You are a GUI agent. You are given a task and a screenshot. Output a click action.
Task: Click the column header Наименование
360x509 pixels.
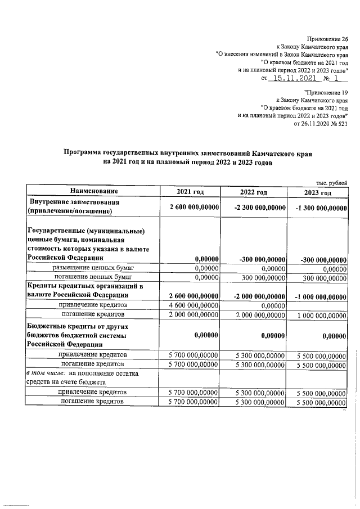pos(93,192)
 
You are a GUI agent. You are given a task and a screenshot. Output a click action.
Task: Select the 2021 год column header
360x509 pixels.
pos(190,192)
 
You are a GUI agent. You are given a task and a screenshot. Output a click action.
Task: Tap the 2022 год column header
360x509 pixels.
pos(254,192)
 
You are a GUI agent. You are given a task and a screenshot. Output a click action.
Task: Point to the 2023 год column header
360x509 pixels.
pos(317,192)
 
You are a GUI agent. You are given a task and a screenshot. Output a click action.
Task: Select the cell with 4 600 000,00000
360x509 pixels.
pos(190,304)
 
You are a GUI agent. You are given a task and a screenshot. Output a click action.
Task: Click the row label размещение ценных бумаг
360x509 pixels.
pos(93,268)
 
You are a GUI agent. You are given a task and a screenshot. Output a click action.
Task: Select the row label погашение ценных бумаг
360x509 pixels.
pos(93,277)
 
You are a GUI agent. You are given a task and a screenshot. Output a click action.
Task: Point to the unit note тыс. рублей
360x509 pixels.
pos(332,182)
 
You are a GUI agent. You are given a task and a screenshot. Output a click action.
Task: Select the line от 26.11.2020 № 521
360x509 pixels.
pos(321,124)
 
